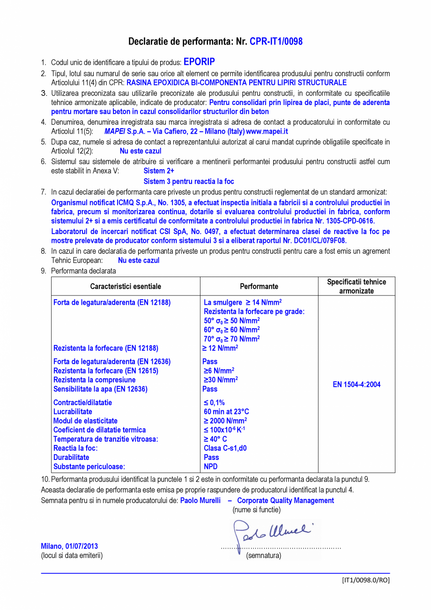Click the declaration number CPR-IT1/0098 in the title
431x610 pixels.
(x=276, y=42)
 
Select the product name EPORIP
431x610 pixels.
(x=199, y=62)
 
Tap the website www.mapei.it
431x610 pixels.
(x=270, y=132)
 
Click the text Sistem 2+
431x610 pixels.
(x=159, y=171)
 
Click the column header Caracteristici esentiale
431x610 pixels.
(x=126, y=286)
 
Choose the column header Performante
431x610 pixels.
(x=259, y=286)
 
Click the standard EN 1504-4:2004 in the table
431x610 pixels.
(x=357, y=384)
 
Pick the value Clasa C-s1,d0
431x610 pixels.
(x=225, y=448)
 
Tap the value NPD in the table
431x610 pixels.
(x=211, y=467)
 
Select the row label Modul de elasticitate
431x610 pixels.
(x=85, y=421)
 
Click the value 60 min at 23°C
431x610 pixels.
(x=226, y=412)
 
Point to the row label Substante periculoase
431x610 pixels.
(x=89, y=467)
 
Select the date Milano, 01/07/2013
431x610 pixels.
(x=69, y=546)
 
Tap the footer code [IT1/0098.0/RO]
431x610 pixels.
(x=365, y=580)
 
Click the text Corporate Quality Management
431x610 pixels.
(x=285, y=500)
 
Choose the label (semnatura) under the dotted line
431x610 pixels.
(x=264, y=556)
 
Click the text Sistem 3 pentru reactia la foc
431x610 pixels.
(x=189, y=181)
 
